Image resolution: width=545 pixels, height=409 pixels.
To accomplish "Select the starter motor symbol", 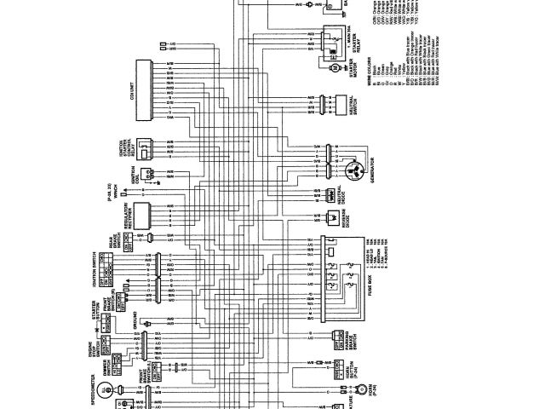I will click(335, 67).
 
